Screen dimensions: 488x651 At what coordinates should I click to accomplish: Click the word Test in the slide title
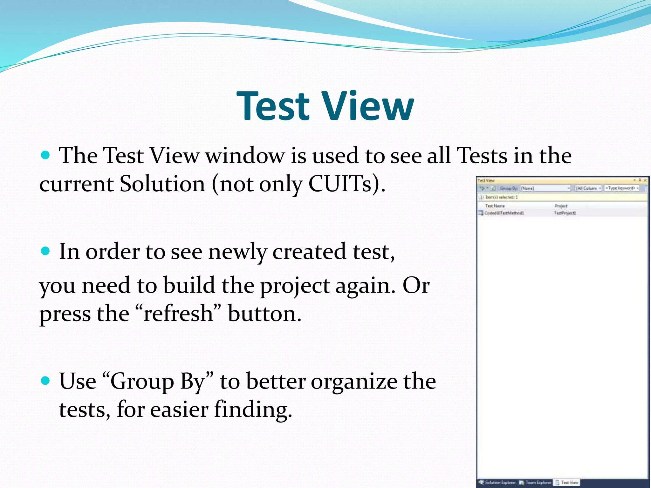pos(273,106)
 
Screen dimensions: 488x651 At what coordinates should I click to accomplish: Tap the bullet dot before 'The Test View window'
pos(46,155)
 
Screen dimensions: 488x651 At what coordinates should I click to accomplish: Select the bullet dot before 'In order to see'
pos(46,251)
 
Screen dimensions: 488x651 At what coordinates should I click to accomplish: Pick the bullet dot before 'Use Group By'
pos(46,380)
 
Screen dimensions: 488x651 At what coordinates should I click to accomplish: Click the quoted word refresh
pos(178,314)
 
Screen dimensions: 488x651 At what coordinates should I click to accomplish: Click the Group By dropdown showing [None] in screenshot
pos(545,188)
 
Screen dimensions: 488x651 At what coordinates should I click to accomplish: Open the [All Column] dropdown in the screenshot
pos(588,188)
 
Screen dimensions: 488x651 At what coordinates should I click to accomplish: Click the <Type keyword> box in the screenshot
pos(621,188)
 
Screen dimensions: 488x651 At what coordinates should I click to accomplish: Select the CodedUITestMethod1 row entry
pos(504,213)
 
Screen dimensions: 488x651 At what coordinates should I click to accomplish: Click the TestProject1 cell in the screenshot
pos(565,213)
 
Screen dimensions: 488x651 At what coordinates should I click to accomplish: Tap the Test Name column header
pos(495,206)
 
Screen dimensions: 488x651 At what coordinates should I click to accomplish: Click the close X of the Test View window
pos(645,180)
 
